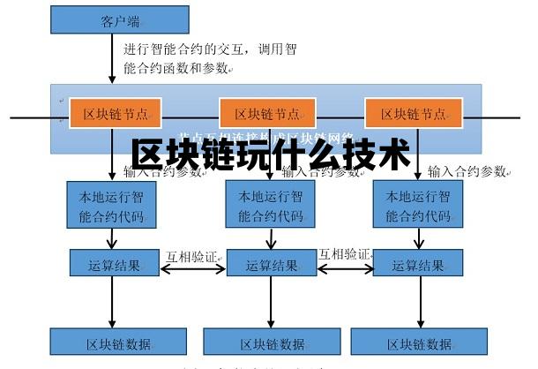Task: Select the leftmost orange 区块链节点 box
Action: coord(110,114)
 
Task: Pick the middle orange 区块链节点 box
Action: coord(266,114)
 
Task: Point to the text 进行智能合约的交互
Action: coord(187,49)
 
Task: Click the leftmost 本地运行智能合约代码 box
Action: coord(112,206)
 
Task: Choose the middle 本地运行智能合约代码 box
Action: coord(266,206)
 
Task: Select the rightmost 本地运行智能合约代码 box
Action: coord(413,206)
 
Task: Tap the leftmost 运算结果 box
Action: coord(115,264)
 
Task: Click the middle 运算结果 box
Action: coord(272,264)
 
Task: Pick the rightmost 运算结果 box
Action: coord(417,264)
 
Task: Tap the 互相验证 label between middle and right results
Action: coord(345,253)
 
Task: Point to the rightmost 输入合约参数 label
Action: coord(467,169)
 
